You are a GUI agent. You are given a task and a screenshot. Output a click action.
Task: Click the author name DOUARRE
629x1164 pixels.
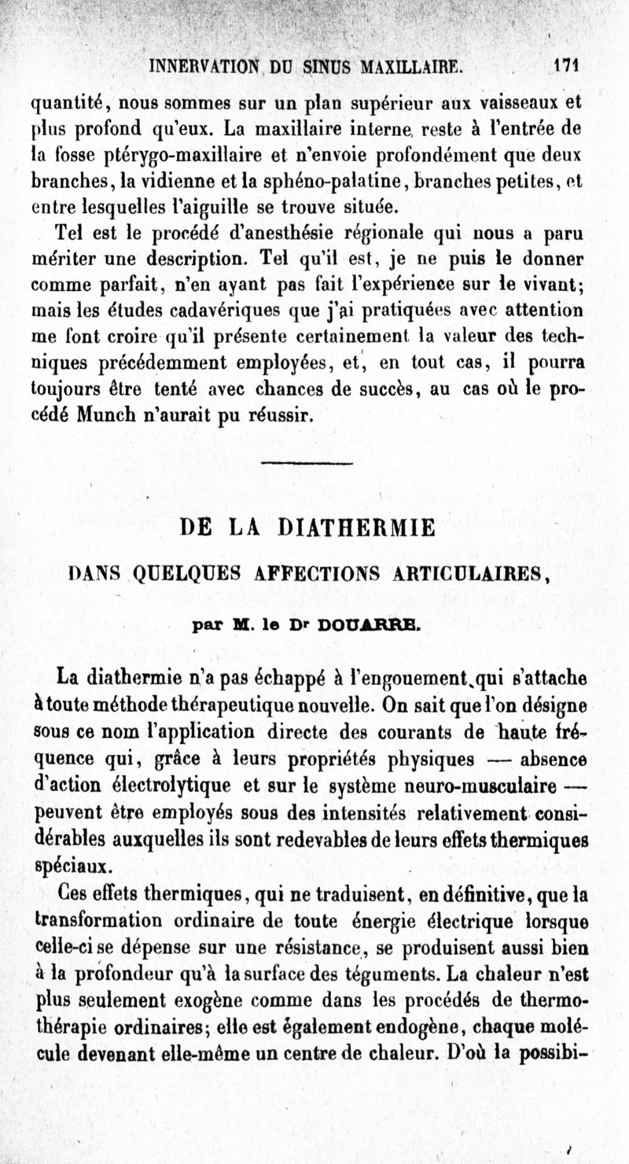click(371, 627)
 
